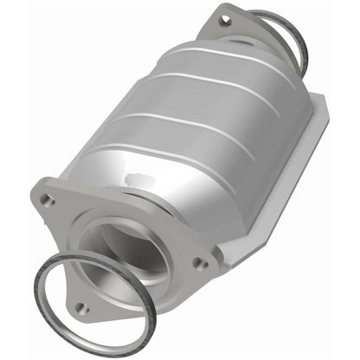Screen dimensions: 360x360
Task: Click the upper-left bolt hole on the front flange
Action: point(47,201)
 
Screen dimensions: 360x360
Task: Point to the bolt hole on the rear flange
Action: point(226,18)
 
